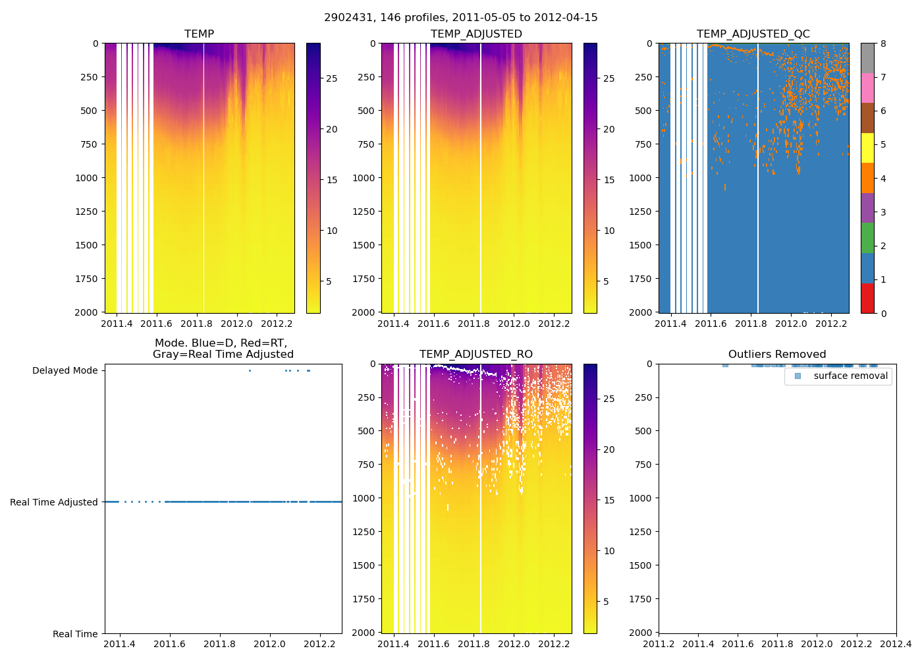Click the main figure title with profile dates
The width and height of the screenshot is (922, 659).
coord(460,18)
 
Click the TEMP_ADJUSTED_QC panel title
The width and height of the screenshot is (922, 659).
coord(753,34)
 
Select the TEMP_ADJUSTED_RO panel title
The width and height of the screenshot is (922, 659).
coord(476,355)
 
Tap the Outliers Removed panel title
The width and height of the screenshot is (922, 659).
coord(777,355)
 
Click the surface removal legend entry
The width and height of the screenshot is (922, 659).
coord(850,376)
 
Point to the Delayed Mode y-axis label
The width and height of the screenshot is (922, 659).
coord(65,370)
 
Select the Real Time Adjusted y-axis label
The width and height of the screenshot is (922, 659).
coord(54,502)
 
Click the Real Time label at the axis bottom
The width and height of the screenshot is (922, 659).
coord(75,634)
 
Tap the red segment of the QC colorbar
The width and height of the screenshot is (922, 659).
coord(867,298)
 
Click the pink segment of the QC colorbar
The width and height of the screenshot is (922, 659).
coord(867,88)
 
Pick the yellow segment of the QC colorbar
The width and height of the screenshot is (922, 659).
coord(867,148)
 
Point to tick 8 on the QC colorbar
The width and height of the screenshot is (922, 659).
coord(883,43)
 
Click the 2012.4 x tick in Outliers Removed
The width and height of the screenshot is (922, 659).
coord(896,644)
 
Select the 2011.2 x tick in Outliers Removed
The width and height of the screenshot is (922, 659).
coord(659,644)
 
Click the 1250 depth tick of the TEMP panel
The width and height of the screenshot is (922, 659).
coord(86,212)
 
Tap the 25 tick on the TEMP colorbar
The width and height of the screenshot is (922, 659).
coord(332,78)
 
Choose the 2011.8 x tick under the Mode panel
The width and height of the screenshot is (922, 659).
coord(219,644)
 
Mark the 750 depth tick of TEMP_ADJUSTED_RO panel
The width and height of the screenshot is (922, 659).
coord(366,465)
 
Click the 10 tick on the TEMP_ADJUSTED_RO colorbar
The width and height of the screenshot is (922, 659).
coord(609,551)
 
